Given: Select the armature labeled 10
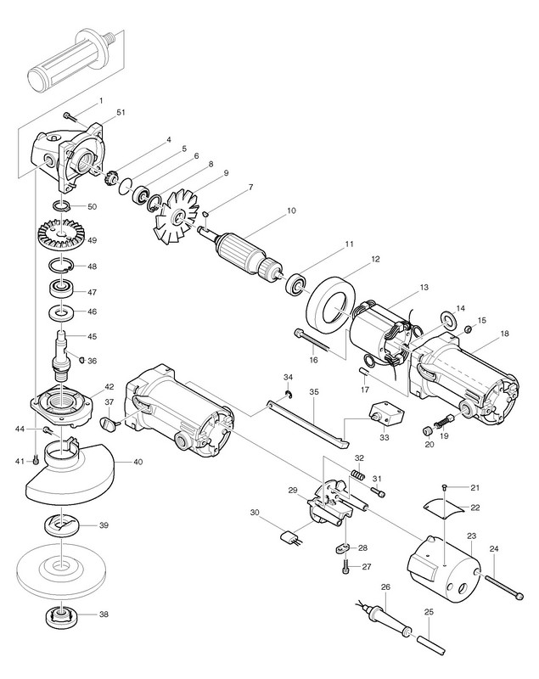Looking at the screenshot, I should (245, 250).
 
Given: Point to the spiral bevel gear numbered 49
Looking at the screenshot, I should (64, 238).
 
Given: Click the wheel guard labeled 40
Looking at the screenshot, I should (72, 474).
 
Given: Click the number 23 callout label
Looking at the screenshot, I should (471, 536).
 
